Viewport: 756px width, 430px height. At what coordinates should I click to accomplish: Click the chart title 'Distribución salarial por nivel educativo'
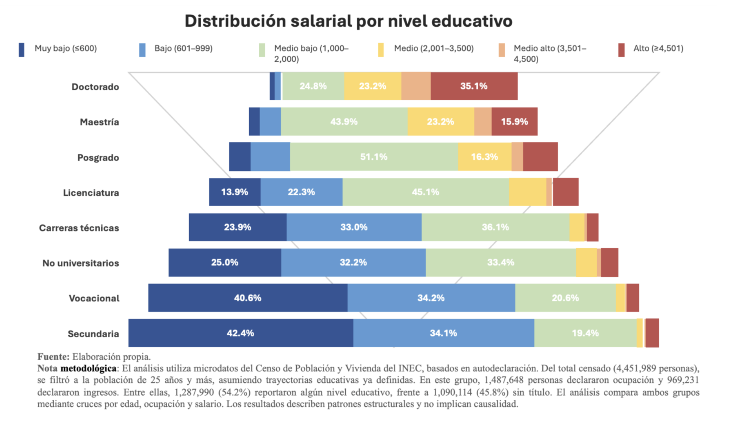348,21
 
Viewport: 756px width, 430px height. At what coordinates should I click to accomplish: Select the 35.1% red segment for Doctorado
474,86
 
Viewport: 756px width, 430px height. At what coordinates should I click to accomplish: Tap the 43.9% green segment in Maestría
344,122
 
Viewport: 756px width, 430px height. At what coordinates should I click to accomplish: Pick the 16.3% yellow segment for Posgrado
484,157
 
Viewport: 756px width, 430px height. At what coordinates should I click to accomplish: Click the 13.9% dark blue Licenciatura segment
235,192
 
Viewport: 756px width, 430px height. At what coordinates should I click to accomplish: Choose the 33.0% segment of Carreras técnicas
354,227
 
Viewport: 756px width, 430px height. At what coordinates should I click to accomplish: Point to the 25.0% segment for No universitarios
225,263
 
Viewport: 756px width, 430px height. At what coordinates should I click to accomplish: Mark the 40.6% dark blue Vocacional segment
248,298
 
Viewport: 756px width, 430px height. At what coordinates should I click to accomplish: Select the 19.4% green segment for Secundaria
585,333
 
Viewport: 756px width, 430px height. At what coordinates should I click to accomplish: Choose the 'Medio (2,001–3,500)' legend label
434,49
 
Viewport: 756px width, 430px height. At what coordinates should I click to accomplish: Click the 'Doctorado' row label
95,87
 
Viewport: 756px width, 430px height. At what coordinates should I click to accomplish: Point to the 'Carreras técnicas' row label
79,228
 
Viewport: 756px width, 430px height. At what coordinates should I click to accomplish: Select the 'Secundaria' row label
93,334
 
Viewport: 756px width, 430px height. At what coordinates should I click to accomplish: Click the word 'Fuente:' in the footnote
53,357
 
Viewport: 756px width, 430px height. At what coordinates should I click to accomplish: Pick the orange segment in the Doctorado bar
416,86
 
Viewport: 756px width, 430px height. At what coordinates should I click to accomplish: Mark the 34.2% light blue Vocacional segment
431,298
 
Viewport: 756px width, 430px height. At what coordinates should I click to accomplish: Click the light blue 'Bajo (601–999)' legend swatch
142,50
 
